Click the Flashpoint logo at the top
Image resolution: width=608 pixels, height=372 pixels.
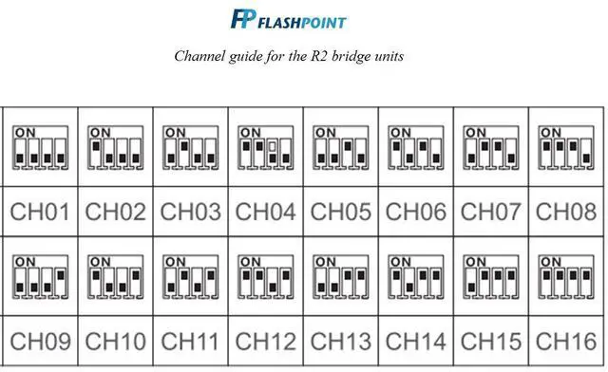(x=288, y=19)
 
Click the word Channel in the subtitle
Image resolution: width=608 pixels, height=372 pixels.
(x=199, y=56)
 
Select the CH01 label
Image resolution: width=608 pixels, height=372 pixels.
(x=40, y=212)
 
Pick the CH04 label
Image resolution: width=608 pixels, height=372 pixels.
(x=265, y=212)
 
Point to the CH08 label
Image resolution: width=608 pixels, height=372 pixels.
(x=566, y=212)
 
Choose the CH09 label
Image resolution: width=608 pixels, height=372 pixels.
(x=40, y=340)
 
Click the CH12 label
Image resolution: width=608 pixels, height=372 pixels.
(x=265, y=340)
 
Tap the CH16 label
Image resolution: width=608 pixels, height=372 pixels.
(x=566, y=340)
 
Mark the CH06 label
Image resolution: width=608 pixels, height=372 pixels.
(x=415, y=212)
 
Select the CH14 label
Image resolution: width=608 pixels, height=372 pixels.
(x=415, y=340)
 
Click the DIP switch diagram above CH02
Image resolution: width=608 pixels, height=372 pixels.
(x=115, y=147)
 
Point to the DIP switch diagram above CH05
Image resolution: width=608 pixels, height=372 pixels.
(x=340, y=147)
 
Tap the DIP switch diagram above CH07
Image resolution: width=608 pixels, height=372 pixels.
(x=490, y=147)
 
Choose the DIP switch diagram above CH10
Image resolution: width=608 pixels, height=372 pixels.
(x=115, y=276)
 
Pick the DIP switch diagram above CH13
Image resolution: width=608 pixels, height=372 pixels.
(x=340, y=276)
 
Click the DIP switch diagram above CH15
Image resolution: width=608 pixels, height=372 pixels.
(x=490, y=276)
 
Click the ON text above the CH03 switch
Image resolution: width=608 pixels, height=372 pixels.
(x=175, y=132)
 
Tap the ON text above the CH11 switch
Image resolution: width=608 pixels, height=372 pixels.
(x=175, y=261)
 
